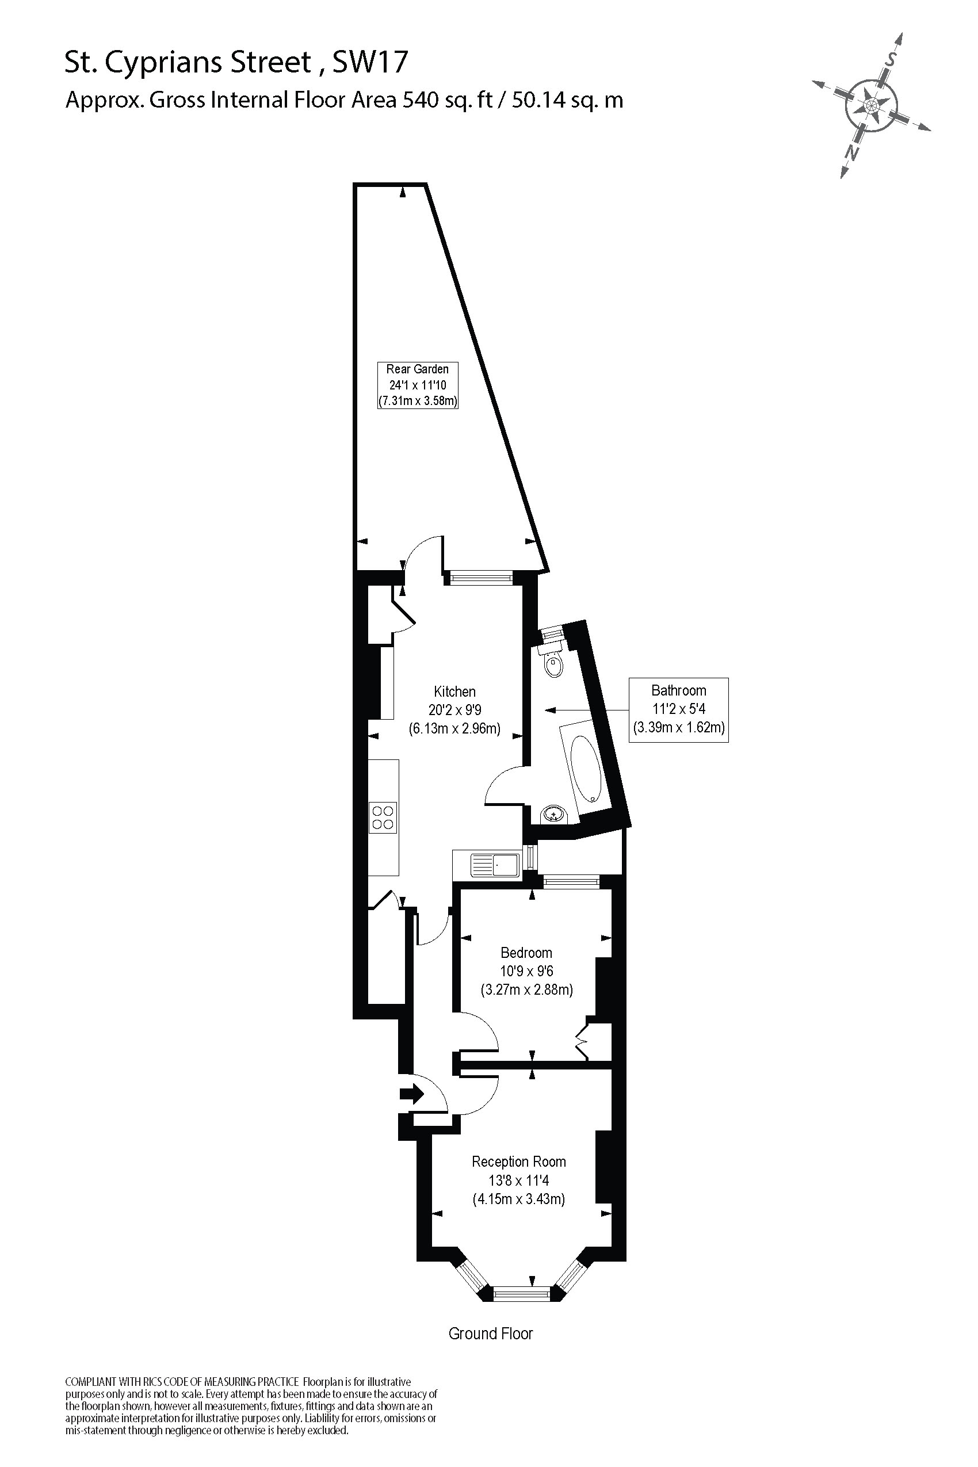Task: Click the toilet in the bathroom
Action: [553, 664]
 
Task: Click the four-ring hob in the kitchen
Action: [383, 817]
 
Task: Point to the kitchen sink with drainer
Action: [493, 865]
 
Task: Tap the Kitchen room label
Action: [454, 692]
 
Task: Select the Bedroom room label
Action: [526, 953]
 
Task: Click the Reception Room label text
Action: [518, 1162]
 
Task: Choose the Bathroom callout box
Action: [679, 709]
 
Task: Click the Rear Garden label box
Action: [417, 385]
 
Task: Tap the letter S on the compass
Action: [892, 60]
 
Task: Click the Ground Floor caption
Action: [490, 1334]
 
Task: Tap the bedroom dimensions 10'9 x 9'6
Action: [526, 971]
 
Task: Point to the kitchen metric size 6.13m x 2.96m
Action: [454, 728]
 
